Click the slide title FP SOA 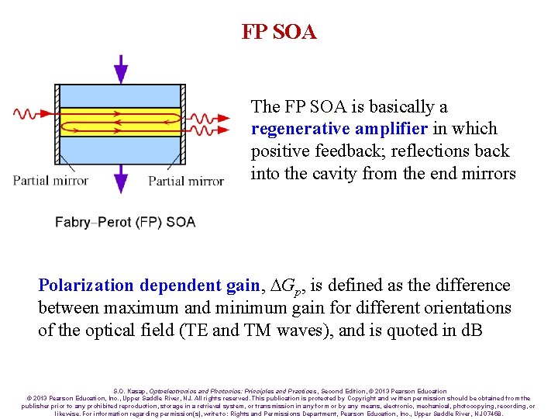tap(278, 32)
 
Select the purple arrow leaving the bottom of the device tap(120, 178)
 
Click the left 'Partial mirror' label tap(50, 181)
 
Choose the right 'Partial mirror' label tap(186, 181)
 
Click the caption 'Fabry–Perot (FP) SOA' tap(125, 222)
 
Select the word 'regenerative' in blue tap(300, 129)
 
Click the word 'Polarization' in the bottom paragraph tap(86, 286)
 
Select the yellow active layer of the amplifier tap(120, 122)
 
